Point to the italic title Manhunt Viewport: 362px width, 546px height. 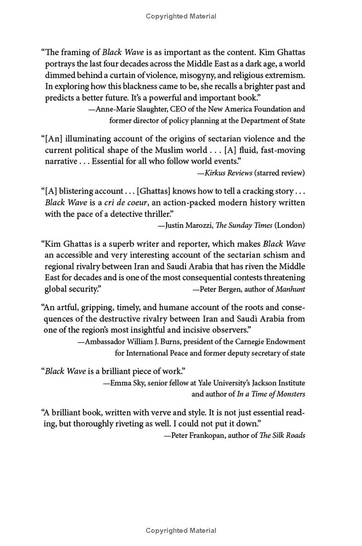tap(290, 289)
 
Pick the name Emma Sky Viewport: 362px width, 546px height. tap(127, 383)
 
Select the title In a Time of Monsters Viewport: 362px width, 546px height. tap(271, 394)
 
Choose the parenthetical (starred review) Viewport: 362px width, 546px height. tap(280, 173)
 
